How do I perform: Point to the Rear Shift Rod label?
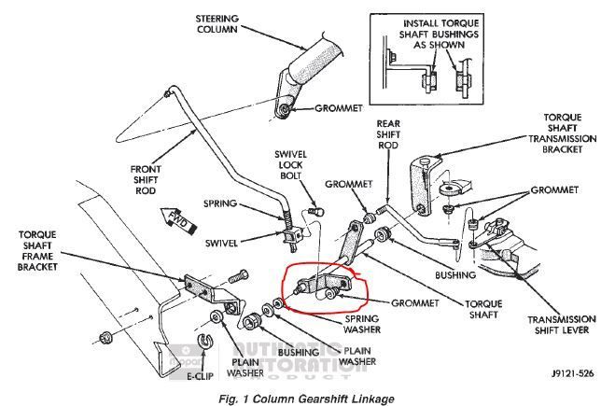(x=389, y=134)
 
